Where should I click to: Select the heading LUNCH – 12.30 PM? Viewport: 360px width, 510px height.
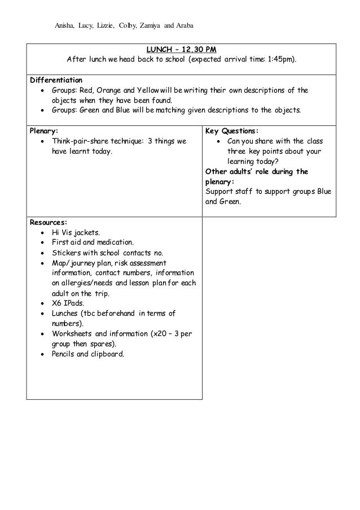point(181,49)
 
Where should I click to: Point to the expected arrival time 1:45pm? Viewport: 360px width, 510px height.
point(282,59)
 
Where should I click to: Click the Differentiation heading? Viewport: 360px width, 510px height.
point(56,79)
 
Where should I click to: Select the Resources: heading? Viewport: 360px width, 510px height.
point(48,222)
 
